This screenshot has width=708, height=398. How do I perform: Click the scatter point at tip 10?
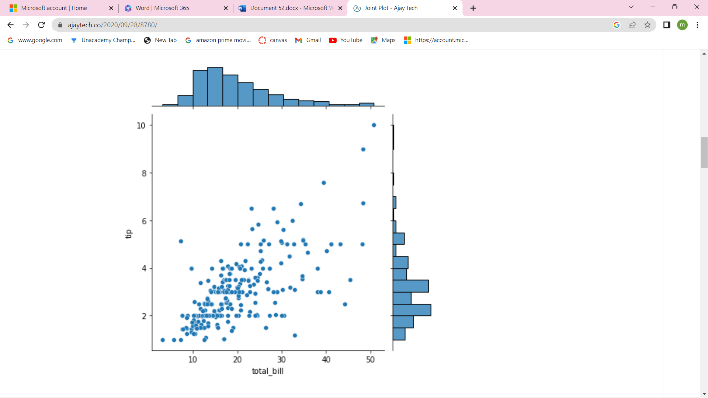pos(374,125)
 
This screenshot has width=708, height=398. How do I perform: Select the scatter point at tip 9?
pos(363,149)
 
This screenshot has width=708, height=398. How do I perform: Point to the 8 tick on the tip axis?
pos(144,173)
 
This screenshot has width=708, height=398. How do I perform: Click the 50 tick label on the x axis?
pos(370,359)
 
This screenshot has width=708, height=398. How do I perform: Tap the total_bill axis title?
pos(268,371)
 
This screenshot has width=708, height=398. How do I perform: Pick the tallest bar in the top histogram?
pos(215,87)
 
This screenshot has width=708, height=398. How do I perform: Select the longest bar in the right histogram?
pos(412,310)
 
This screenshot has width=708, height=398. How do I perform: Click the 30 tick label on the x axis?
pos(282,359)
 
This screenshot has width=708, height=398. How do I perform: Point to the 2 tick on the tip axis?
pos(144,316)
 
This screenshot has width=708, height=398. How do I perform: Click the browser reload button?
pos(41,25)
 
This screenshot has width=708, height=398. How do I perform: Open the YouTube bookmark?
pos(346,40)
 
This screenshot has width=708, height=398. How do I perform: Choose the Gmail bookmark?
pos(308,40)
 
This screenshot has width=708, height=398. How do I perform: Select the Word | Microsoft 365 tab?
pos(162,8)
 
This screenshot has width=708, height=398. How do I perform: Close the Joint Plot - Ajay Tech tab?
pos(455,8)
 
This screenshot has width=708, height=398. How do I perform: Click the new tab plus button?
pos(473,8)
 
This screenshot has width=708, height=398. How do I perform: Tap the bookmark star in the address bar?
pos(648,25)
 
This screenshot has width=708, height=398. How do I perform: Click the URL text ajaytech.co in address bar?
pos(112,25)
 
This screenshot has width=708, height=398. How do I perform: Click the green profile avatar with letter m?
pos(682,25)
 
